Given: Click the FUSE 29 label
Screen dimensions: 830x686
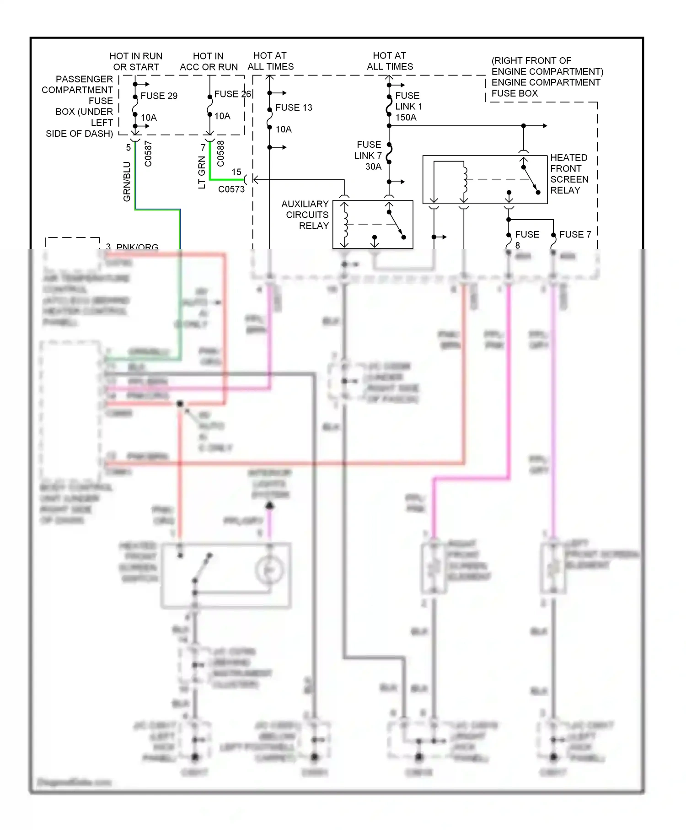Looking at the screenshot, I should [159, 96].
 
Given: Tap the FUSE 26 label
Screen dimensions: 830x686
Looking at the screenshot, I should [232, 94].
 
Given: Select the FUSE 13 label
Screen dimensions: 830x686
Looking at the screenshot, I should [294, 108].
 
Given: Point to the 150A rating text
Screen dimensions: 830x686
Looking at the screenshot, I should [406, 118].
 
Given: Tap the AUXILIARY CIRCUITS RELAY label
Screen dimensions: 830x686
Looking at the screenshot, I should [305, 215].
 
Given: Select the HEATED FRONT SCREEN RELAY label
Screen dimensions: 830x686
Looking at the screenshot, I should [569, 174].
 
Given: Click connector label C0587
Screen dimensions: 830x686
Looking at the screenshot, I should [148, 154].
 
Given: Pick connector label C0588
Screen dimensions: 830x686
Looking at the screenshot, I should [220, 153].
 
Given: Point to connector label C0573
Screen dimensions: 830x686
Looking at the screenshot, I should [231, 189].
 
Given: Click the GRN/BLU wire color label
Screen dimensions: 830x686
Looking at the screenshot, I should [127, 181].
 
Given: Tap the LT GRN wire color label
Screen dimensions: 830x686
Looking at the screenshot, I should [202, 172].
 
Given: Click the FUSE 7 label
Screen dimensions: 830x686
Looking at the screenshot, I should [575, 234].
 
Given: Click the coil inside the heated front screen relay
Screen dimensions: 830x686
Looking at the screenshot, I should [465, 179].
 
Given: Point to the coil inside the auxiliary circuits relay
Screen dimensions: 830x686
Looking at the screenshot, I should [345, 224].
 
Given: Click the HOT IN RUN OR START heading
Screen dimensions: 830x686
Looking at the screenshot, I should [136, 61].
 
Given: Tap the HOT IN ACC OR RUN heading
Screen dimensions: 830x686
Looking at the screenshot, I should [209, 61].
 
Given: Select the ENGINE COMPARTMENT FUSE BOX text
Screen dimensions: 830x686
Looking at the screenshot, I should [546, 87].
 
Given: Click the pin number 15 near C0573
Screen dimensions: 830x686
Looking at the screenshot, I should [236, 172].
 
